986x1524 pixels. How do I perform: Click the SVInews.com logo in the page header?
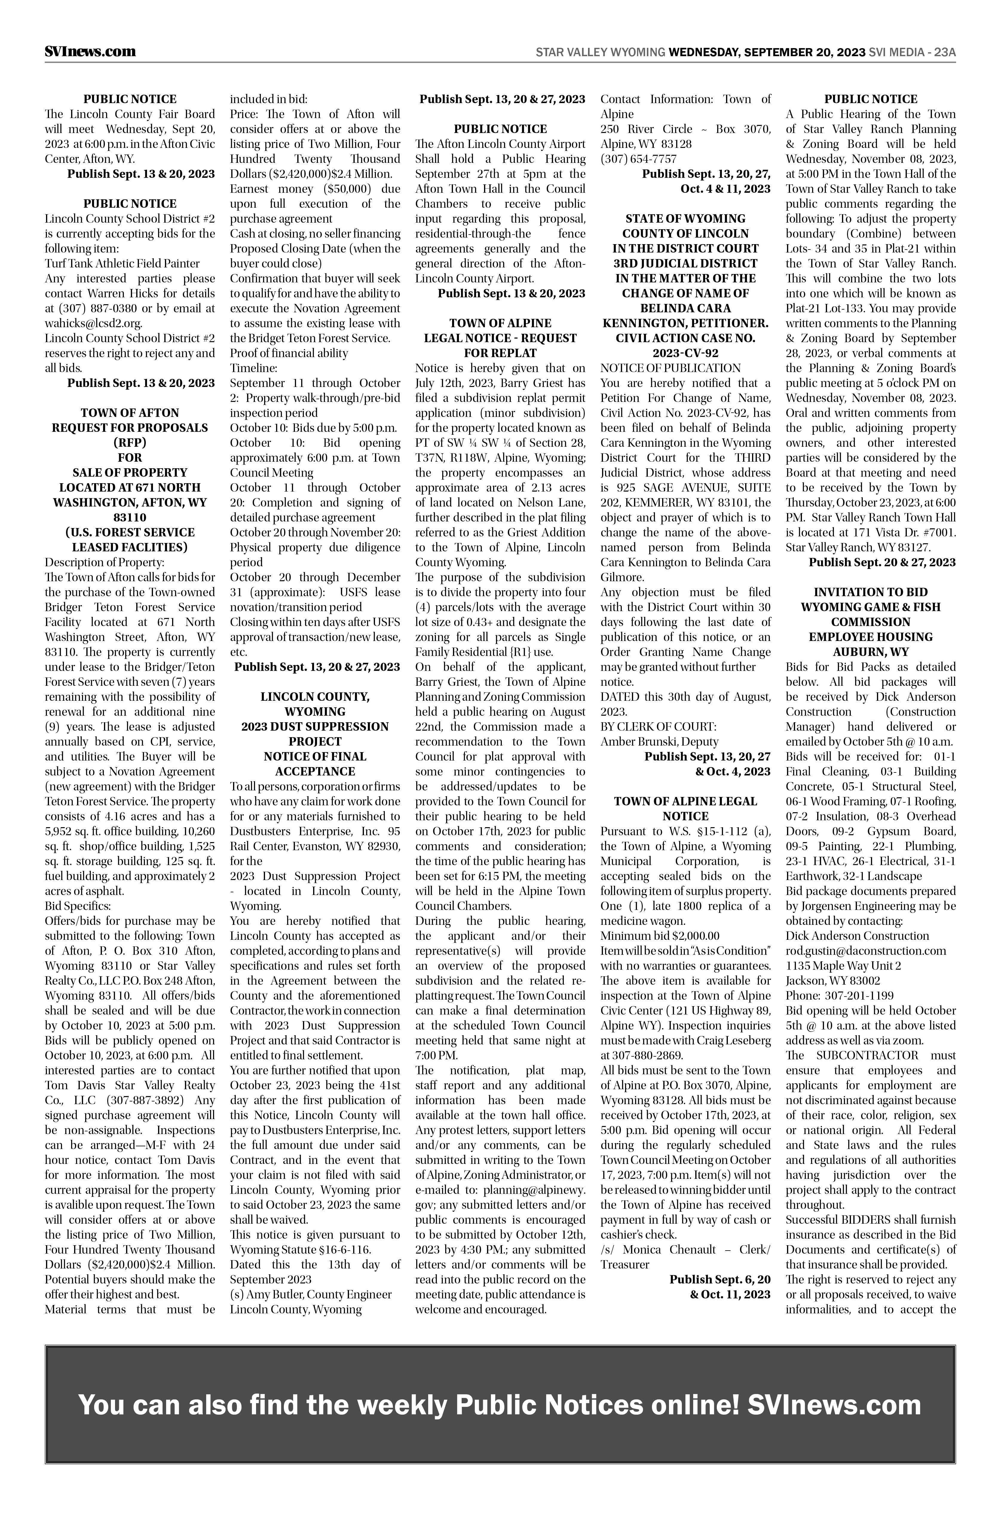click(x=90, y=51)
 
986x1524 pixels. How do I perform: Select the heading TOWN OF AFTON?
click(x=130, y=413)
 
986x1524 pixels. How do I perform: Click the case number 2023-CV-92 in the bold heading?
click(x=685, y=353)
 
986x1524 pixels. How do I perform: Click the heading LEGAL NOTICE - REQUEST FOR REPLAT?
click(x=500, y=345)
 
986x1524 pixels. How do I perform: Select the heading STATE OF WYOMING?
click(x=685, y=218)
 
